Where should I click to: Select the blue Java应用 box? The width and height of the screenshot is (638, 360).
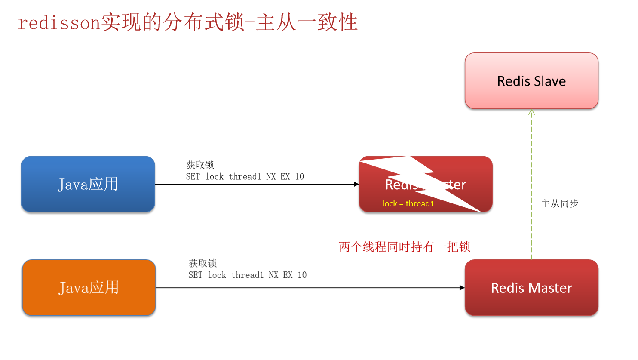tap(88, 184)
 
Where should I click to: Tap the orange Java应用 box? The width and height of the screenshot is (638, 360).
tap(89, 288)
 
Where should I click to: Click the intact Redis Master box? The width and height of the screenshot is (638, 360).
tap(531, 288)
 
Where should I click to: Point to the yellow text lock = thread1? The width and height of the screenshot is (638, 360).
tap(408, 204)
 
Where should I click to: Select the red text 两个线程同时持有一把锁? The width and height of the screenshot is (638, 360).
tap(404, 247)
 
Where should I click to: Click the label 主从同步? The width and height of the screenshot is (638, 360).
tap(560, 203)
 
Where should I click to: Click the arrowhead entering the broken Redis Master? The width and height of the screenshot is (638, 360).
tap(356, 184)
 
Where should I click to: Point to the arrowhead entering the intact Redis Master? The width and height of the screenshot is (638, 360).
tap(462, 288)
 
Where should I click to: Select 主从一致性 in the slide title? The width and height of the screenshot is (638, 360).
tap(307, 23)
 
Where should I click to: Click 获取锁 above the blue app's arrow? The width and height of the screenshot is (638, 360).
tap(200, 165)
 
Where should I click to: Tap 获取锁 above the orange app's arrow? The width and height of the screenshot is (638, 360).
tap(202, 263)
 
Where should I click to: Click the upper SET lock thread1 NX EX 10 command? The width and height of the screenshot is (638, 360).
tap(245, 177)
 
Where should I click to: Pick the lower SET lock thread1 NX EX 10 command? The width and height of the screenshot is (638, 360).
tap(247, 275)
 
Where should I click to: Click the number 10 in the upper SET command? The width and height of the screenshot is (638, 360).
tap(299, 177)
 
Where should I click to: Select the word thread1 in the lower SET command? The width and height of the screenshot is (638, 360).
tap(247, 275)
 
